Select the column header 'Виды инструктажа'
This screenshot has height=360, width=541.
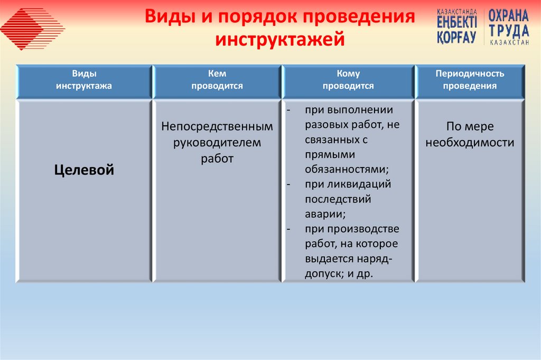84,80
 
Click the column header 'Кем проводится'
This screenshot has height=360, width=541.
217,80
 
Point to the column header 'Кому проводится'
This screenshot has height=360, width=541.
348,80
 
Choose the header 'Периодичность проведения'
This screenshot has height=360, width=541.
470,80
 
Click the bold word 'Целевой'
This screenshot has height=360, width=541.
84,170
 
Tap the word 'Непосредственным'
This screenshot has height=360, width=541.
217,127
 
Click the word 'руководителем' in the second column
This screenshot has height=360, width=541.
217,143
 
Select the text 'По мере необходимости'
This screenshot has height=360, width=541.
470,135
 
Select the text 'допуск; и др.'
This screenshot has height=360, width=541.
339,274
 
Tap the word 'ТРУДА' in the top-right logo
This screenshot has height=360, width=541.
508,31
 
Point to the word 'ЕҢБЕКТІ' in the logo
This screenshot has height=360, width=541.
457,23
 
